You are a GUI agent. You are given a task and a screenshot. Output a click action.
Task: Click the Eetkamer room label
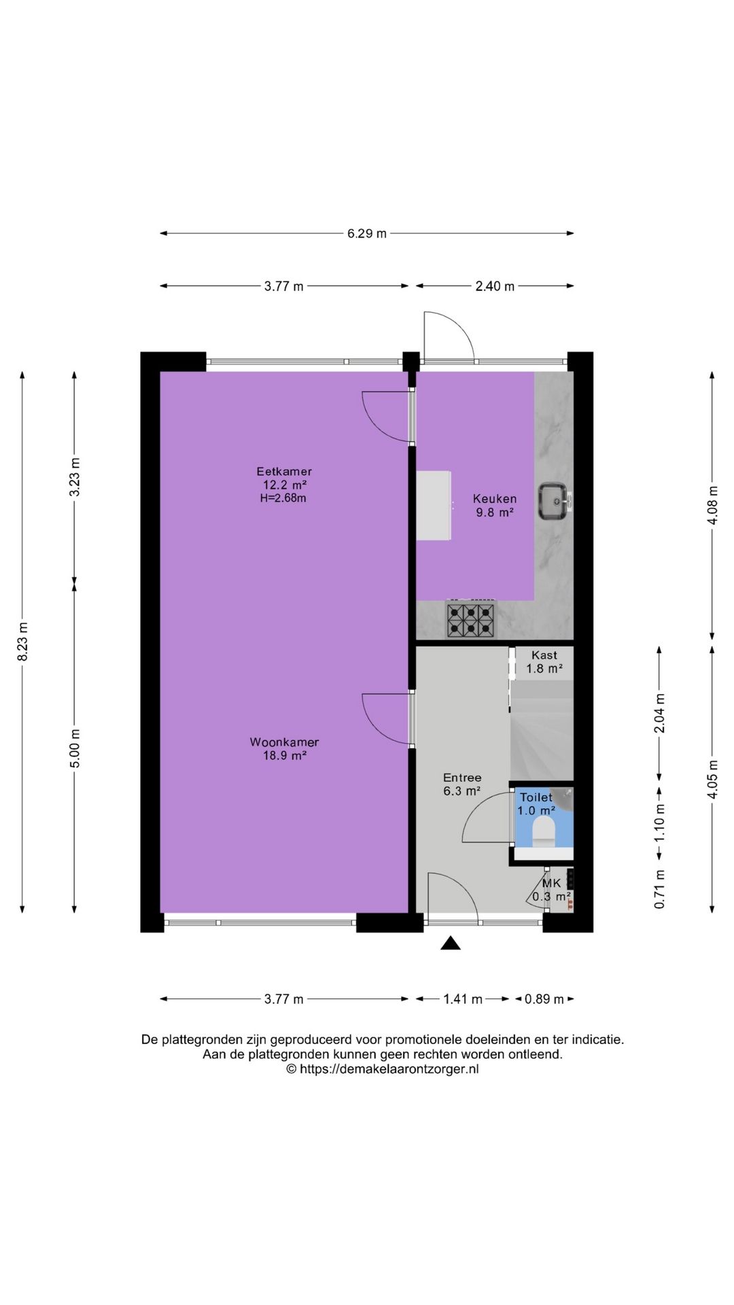click(284, 471)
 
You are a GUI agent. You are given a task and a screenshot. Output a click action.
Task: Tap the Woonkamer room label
click(284, 742)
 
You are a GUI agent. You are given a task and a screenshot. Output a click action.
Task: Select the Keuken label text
click(495, 499)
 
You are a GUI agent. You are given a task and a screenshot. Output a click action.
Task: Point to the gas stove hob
click(470, 620)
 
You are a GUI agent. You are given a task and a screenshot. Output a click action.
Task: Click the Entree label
click(462, 778)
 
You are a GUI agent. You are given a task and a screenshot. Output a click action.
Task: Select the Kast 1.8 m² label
click(544, 662)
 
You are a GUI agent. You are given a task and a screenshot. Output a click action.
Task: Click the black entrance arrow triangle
click(451, 943)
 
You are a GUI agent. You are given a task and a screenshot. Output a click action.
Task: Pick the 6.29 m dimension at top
click(367, 233)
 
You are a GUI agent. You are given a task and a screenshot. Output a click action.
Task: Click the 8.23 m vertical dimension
click(22, 642)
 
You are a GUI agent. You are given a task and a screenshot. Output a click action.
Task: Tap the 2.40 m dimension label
click(495, 286)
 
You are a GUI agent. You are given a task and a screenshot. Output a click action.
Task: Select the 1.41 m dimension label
click(463, 999)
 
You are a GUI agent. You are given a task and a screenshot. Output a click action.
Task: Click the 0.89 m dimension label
click(544, 999)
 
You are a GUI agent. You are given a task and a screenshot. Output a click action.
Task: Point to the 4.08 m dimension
click(712, 506)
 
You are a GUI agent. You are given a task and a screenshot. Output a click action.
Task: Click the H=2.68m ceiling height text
click(283, 498)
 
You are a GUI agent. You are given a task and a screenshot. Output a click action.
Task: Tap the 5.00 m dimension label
click(75, 748)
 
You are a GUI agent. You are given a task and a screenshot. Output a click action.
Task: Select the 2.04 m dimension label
click(659, 714)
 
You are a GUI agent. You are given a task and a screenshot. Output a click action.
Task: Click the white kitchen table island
click(434, 506)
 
